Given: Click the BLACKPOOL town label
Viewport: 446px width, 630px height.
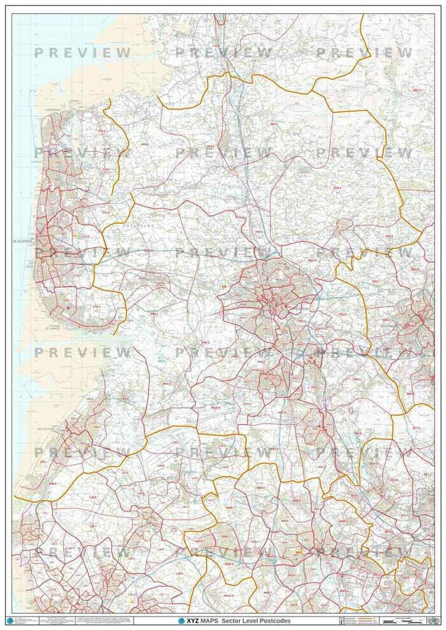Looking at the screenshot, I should [22, 242].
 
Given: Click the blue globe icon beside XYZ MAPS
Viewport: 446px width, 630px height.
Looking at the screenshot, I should [182, 621].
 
